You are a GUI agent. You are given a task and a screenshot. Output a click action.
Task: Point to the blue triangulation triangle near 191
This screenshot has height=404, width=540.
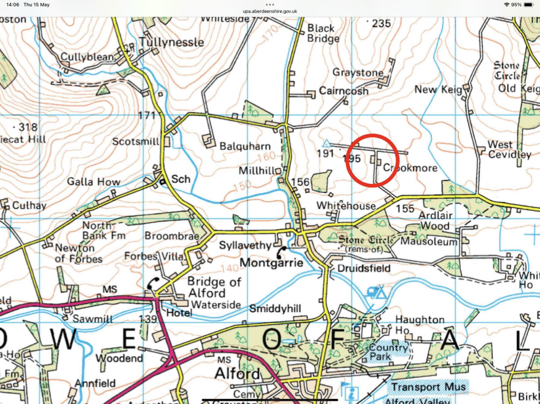click(x=326, y=143)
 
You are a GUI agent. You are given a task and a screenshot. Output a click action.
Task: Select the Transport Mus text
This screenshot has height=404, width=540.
click(x=428, y=388)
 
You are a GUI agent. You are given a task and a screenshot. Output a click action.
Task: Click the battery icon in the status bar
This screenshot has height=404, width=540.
click(x=528, y=4)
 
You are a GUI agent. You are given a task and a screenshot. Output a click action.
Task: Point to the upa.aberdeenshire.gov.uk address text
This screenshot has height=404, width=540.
click(x=270, y=11)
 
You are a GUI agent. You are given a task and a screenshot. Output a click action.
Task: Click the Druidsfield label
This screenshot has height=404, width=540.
click(x=365, y=269)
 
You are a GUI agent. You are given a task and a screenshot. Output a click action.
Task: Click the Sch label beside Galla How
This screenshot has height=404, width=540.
click(x=181, y=180)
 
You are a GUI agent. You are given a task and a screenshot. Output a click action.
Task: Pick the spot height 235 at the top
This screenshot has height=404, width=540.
click(x=381, y=23)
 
